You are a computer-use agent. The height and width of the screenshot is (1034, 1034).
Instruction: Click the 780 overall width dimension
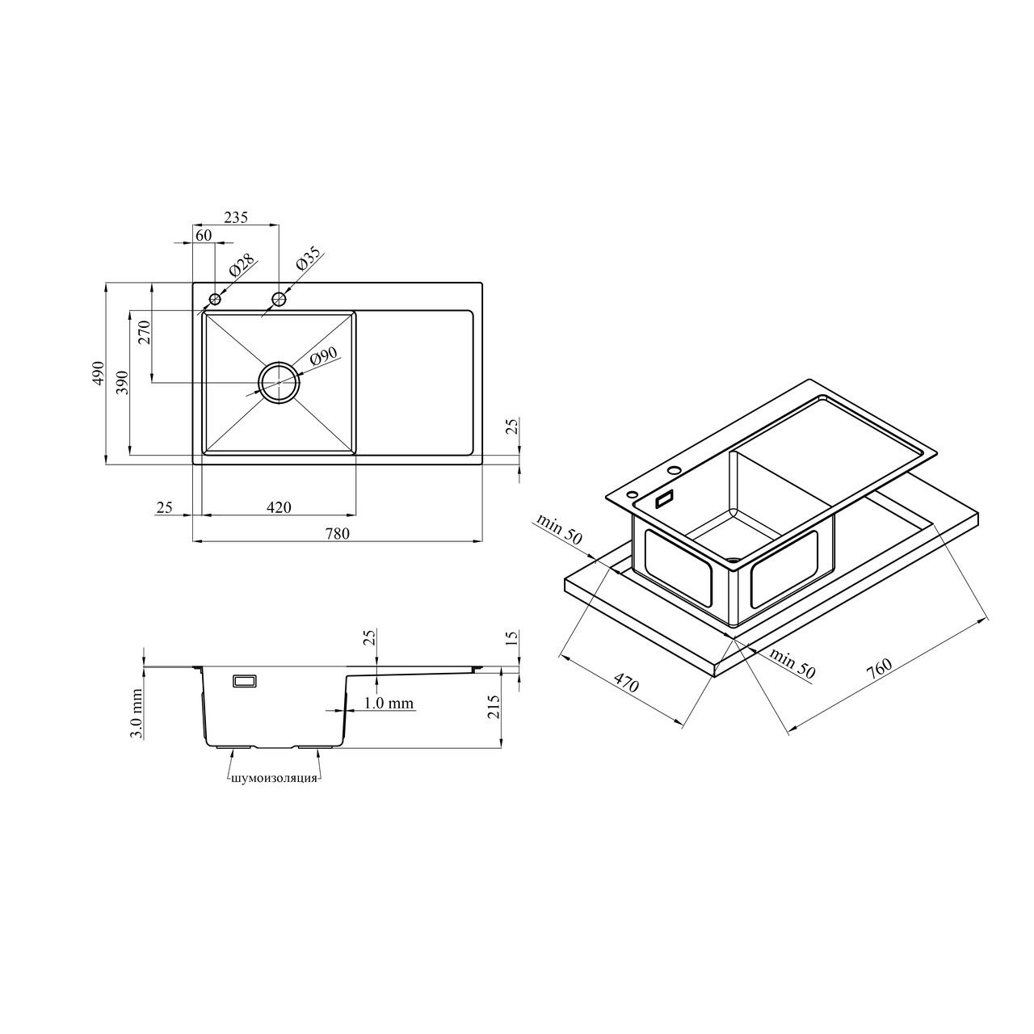click(338, 533)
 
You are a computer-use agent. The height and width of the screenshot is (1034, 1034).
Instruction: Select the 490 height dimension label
click(98, 373)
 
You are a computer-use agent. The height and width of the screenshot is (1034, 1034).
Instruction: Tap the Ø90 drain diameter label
click(323, 357)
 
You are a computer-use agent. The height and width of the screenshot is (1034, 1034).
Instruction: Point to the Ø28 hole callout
click(241, 265)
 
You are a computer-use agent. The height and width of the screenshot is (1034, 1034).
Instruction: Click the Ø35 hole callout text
click(308, 258)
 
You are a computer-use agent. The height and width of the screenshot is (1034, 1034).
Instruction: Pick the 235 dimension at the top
click(236, 217)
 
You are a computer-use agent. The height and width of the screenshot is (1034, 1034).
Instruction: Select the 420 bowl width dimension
click(279, 507)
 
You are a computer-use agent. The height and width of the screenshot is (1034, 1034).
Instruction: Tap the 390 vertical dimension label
click(123, 382)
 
